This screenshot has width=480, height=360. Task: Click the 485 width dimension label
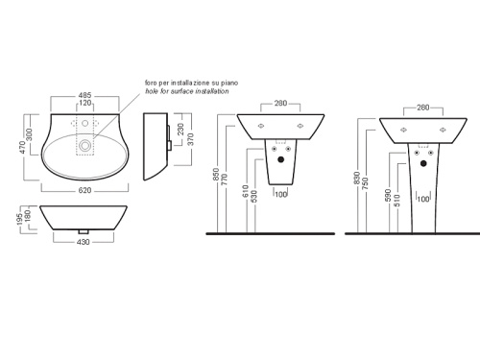(x=84, y=95)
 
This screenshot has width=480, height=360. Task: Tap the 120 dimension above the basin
(x=84, y=103)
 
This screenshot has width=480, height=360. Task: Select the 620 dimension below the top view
(x=84, y=190)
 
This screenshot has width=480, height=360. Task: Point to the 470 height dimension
(x=22, y=147)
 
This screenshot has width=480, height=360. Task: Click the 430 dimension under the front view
(x=83, y=242)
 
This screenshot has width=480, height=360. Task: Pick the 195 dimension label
(x=20, y=219)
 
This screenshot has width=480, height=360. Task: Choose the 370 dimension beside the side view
(x=191, y=139)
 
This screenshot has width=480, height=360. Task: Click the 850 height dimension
(x=216, y=175)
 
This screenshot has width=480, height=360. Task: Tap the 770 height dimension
(x=225, y=180)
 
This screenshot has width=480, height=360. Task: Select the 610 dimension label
(x=246, y=191)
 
